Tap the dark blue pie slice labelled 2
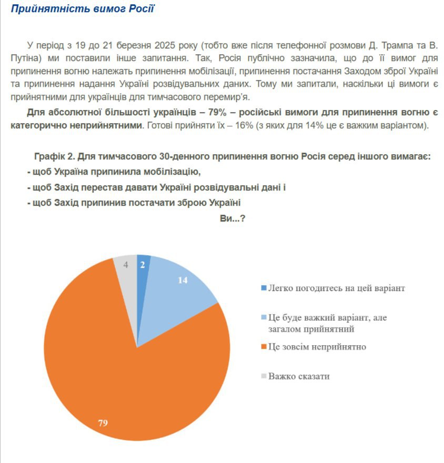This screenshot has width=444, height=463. pos(143,268)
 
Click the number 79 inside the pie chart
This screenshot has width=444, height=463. pos(103,422)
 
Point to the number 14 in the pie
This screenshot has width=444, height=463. pos(183,280)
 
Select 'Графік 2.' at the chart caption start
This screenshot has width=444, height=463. pos(53,157)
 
